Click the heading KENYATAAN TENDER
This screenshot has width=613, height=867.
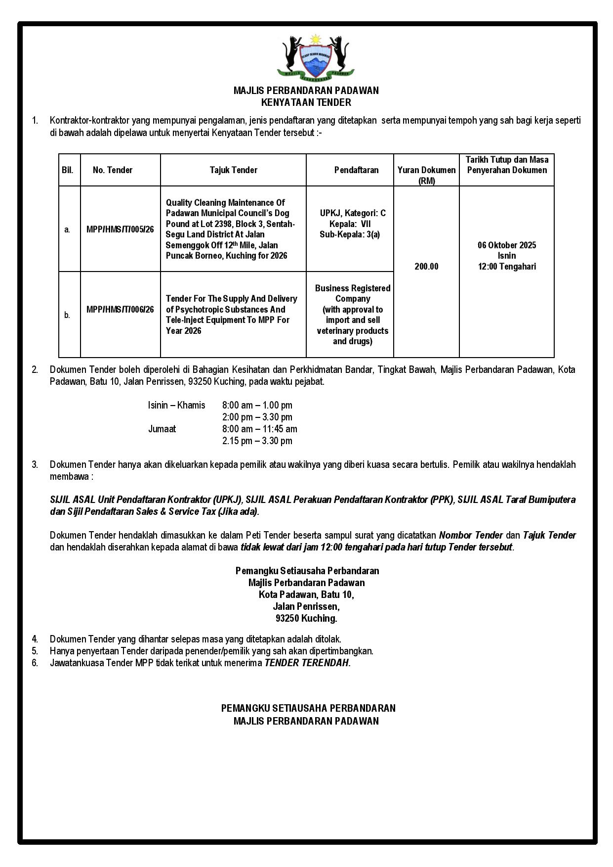(306, 103)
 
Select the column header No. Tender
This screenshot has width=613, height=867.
(113, 170)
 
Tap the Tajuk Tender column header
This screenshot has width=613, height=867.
(233, 170)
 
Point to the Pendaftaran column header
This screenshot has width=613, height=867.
(356, 170)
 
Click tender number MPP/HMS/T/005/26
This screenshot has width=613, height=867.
(120, 229)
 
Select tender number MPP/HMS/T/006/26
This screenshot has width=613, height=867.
(120, 310)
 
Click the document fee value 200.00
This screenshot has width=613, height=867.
(426, 267)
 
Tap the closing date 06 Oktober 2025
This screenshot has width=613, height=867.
(507, 245)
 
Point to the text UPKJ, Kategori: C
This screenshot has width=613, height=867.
(353, 213)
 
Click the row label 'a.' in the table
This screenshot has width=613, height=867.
(67, 229)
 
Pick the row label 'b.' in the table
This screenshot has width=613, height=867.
(67, 315)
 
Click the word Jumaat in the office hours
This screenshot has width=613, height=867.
(162, 429)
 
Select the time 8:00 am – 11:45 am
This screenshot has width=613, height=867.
(259, 429)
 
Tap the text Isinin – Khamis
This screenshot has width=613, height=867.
(176, 406)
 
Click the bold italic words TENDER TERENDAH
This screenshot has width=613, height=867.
(307, 663)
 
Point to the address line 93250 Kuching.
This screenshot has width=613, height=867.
(306, 619)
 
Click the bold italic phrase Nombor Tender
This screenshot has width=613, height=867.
(471, 536)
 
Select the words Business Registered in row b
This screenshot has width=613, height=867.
(353, 288)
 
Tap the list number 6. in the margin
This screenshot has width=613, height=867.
(35, 663)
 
